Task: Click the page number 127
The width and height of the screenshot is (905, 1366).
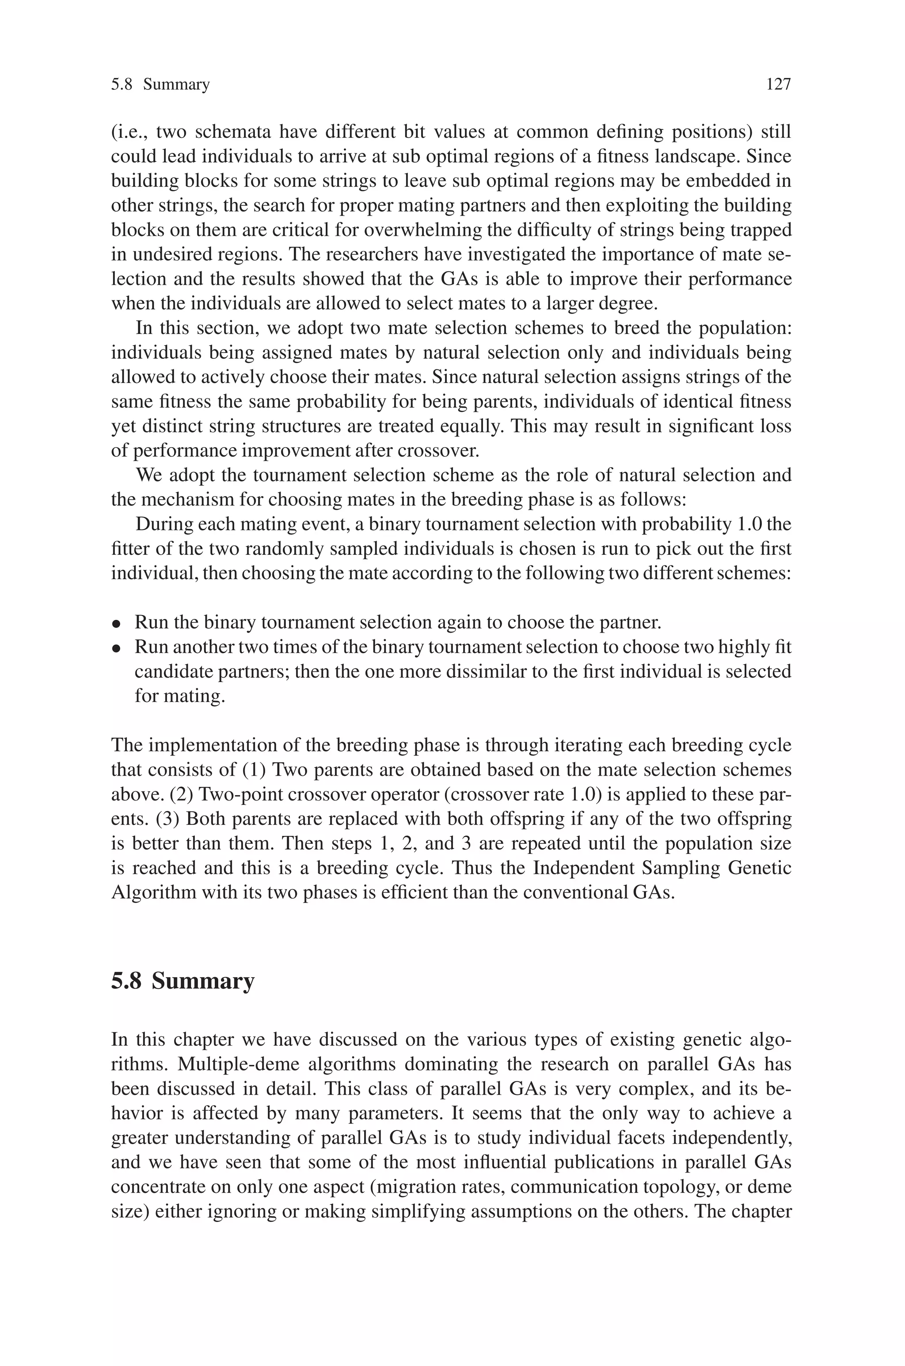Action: pyautogui.click(x=778, y=85)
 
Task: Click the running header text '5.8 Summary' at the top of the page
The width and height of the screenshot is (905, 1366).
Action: pyautogui.click(x=160, y=85)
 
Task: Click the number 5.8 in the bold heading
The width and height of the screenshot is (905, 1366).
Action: pyautogui.click(x=126, y=981)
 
